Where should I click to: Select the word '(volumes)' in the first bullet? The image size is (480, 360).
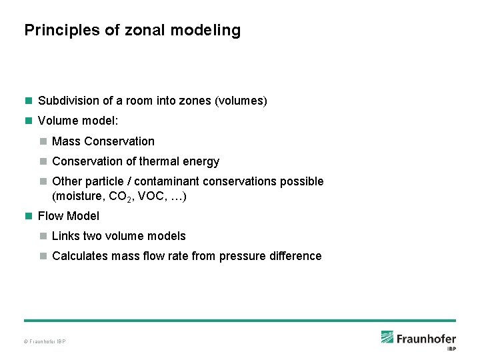click(241, 101)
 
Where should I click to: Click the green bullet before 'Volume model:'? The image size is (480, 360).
click(28, 121)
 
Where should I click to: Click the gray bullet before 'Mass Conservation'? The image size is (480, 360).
click(43, 141)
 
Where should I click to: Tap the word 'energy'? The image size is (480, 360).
click(201, 161)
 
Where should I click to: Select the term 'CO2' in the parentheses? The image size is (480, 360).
click(128, 197)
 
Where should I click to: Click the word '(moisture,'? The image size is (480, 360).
click(79, 197)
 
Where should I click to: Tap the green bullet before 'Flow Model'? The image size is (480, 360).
click(28, 216)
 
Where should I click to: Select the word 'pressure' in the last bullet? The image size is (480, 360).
click(242, 256)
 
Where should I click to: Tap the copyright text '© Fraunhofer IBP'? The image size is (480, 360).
click(45, 342)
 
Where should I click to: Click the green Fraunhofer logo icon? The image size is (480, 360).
click(387, 337)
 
